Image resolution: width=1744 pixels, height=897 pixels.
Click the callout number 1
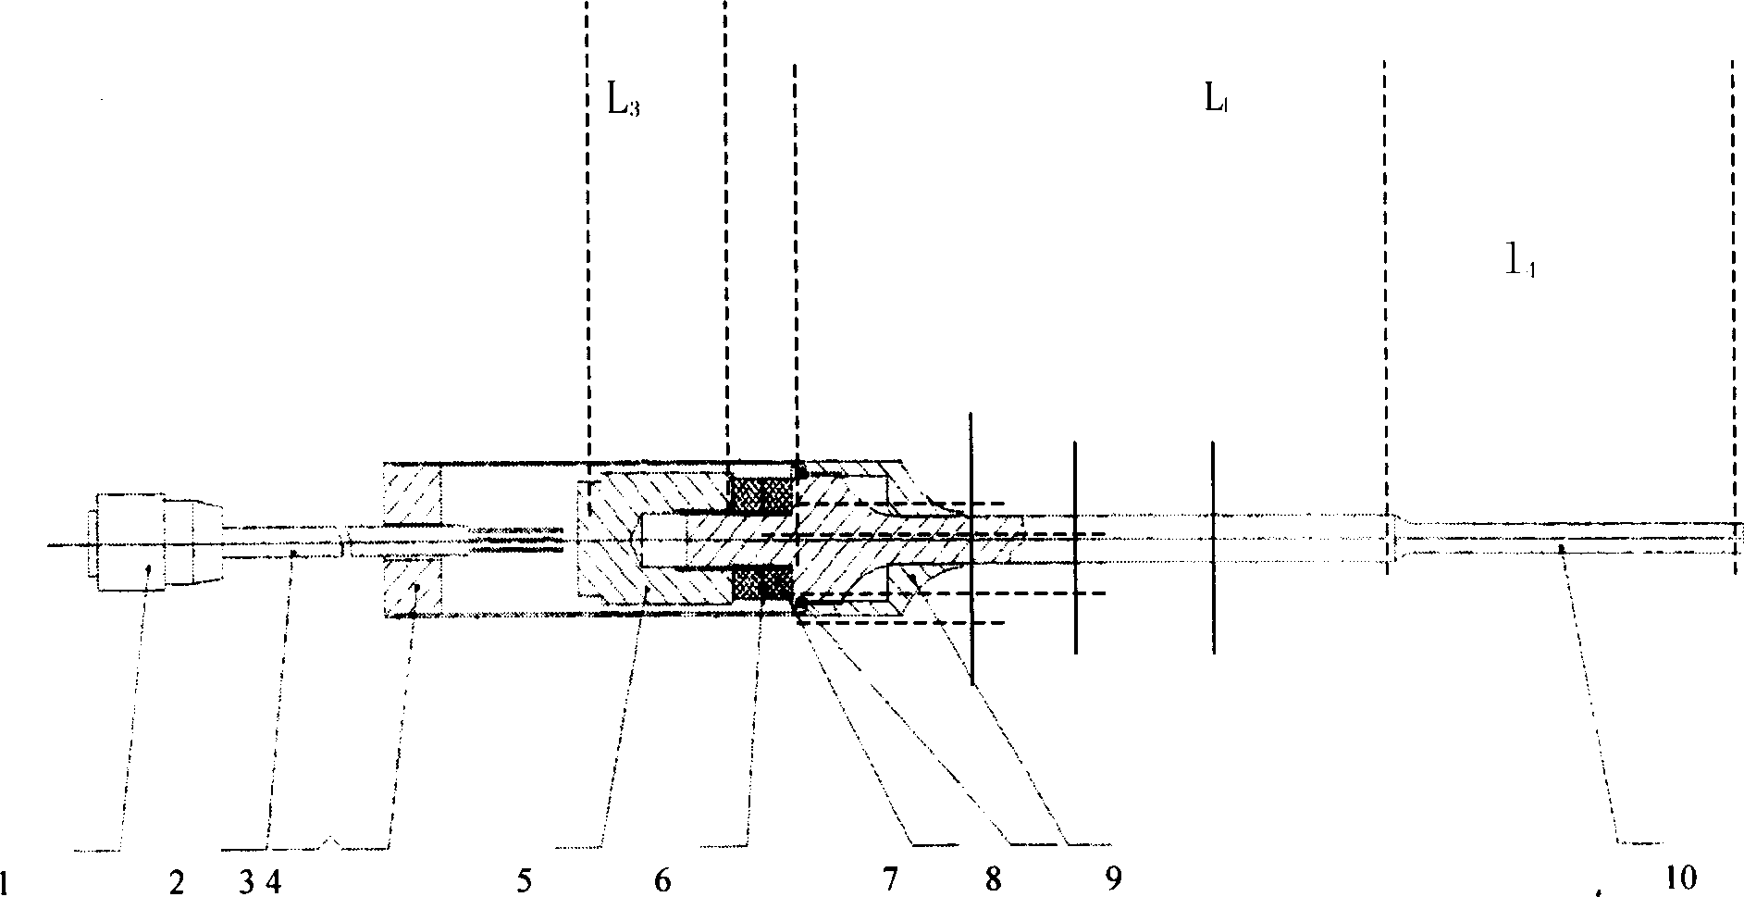[6, 880]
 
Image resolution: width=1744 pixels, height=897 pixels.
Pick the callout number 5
[524, 881]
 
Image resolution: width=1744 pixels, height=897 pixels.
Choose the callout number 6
[662, 881]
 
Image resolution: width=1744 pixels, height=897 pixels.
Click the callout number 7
[890, 880]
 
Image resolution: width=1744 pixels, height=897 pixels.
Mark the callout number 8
[993, 880]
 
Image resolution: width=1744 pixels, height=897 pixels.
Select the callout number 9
[1114, 880]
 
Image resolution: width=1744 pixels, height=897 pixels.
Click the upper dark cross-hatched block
[761, 495]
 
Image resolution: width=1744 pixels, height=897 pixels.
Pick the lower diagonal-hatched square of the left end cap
[413, 587]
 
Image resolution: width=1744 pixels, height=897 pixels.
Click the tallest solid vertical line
[971, 548]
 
